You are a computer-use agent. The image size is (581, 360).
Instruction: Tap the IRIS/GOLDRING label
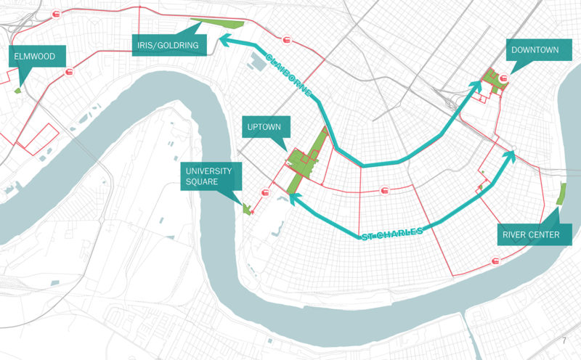pos(166,45)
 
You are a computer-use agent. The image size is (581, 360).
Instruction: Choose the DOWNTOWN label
pos(534,50)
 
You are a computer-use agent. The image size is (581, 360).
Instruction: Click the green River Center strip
pos(560,194)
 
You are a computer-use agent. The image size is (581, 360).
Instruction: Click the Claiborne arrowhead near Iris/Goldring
pos(225,44)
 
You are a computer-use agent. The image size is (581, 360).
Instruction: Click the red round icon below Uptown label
pos(265,194)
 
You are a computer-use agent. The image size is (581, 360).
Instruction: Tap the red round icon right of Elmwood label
pos(70,72)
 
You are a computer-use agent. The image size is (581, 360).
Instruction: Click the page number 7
pos(563,340)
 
